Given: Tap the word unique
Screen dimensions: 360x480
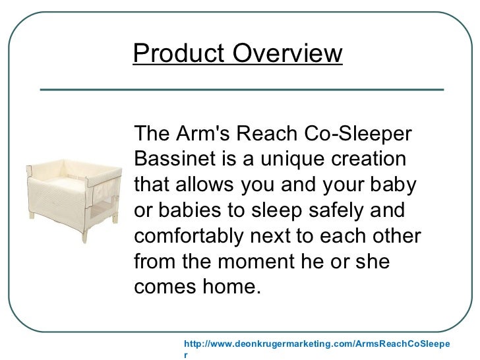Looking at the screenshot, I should click(x=290, y=160).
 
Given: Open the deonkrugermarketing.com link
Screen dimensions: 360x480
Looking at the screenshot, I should click(x=316, y=344).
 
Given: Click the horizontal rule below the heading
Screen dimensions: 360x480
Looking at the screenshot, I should click(x=241, y=88).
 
